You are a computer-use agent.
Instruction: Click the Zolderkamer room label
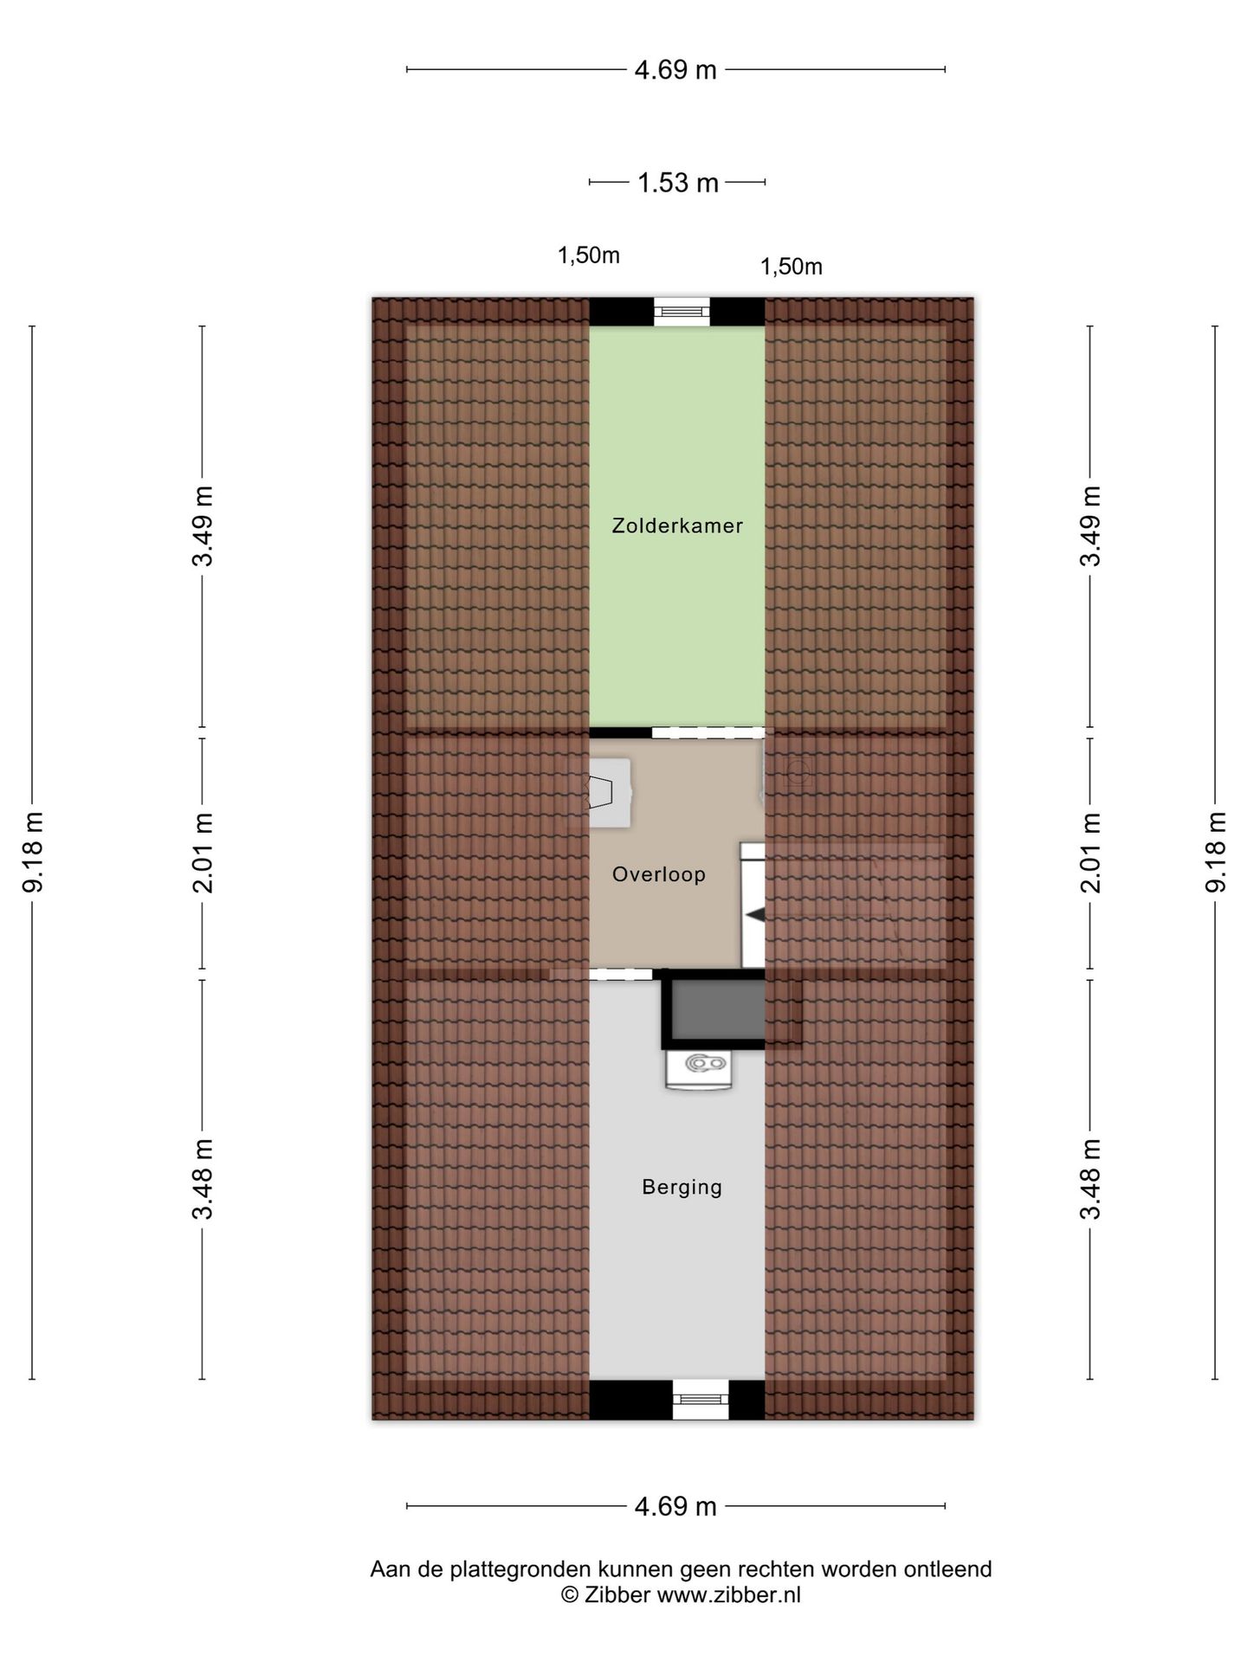click(x=677, y=525)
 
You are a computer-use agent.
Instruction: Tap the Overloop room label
click(x=659, y=874)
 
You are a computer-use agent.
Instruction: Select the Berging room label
click(x=682, y=1187)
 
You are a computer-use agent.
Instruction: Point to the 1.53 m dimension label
click(x=678, y=183)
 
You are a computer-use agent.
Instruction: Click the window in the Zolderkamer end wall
click(x=682, y=311)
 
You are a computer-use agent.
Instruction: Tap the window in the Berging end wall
click(x=701, y=1400)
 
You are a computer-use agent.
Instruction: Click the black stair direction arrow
click(x=755, y=915)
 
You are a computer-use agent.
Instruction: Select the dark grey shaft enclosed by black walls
click(x=719, y=1009)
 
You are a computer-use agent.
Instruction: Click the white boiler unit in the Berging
click(x=699, y=1067)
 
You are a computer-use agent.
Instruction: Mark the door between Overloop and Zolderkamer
click(x=707, y=732)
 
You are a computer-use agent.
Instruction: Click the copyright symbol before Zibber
click(x=570, y=1595)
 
